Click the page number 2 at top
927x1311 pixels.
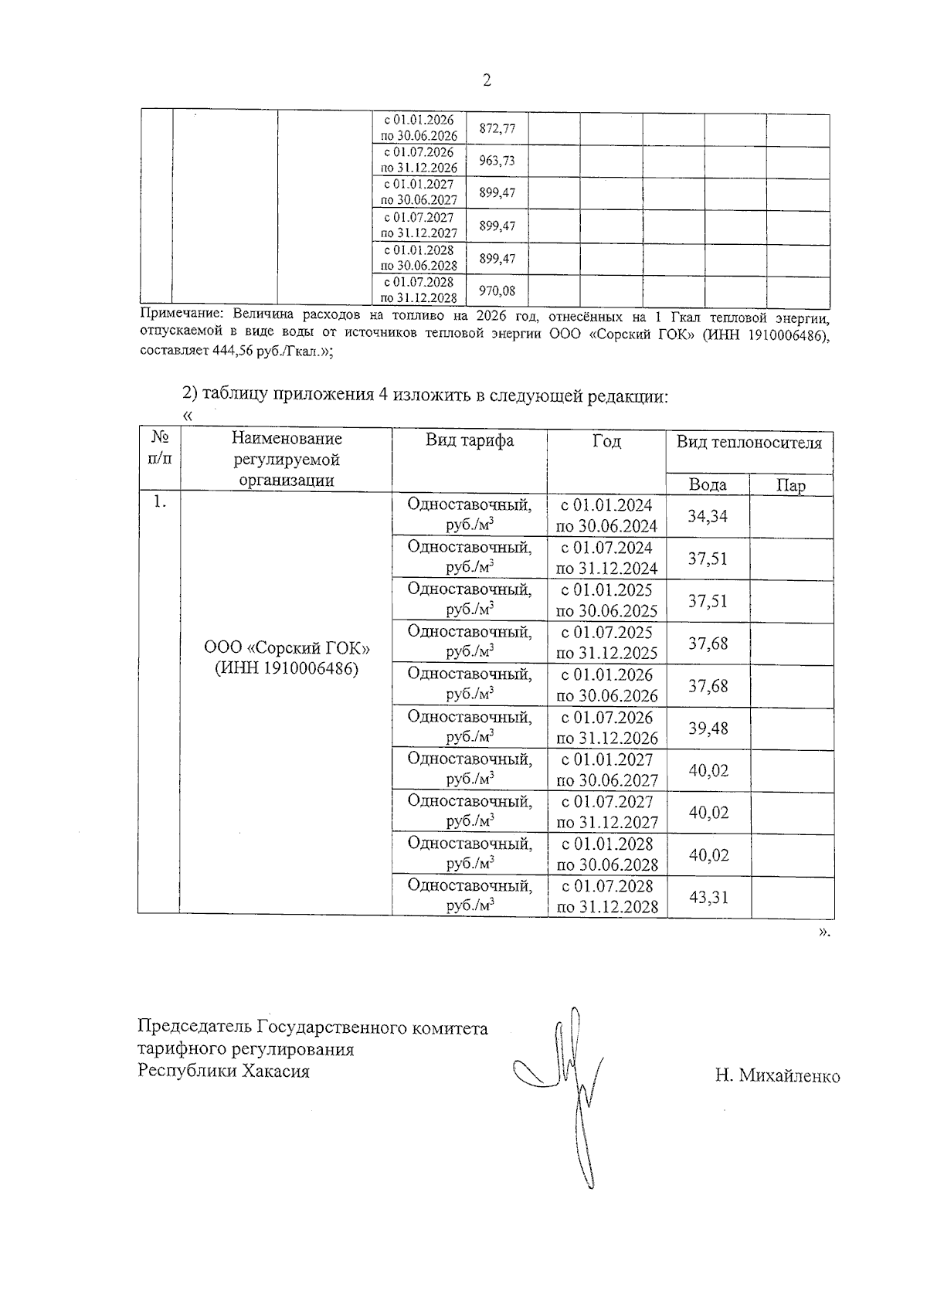pyautogui.click(x=486, y=80)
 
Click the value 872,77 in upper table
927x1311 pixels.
pyautogui.click(x=497, y=129)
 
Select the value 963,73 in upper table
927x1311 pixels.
pyautogui.click(x=497, y=161)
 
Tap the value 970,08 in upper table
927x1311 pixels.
pyautogui.click(x=497, y=291)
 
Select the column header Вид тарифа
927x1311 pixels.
pyautogui.click(x=469, y=441)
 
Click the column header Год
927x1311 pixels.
pyautogui.click(x=606, y=441)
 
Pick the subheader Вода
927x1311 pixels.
pyautogui.click(x=707, y=485)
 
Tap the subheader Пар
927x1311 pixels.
pyautogui.click(x=790, y=485)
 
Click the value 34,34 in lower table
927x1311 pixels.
pyautogui.click(x=708, y=516)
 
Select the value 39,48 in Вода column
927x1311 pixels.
pyautogui.click(x=708, y=729)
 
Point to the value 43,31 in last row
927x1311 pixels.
pyautogui.click(x=708, y=898)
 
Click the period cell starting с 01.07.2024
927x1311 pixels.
pyautogui.click(x=606, y=558)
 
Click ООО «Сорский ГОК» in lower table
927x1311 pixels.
pyautogui.click(x=286, y=647)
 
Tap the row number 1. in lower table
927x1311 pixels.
pyautogui.click(x=159, y=502)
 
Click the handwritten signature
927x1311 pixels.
pyautogui.click(x=568, y=1082)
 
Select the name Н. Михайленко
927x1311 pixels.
pyautogui.click(x=776, y=1076)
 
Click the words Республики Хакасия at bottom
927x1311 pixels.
pyautogui.click(x=223, y=1072)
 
